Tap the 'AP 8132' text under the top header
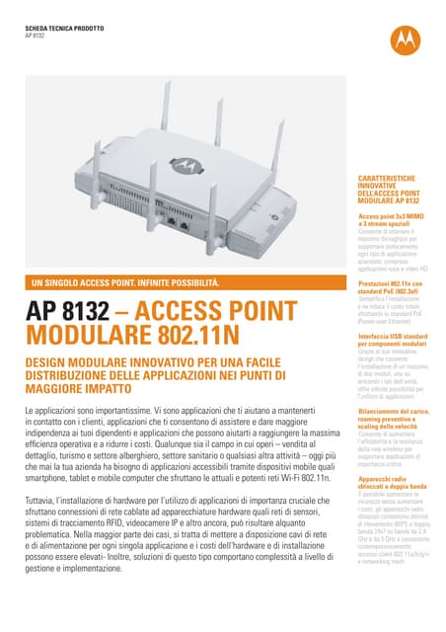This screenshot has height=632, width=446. point(35,34)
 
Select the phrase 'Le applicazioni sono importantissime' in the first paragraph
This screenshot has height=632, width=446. point(89,410)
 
